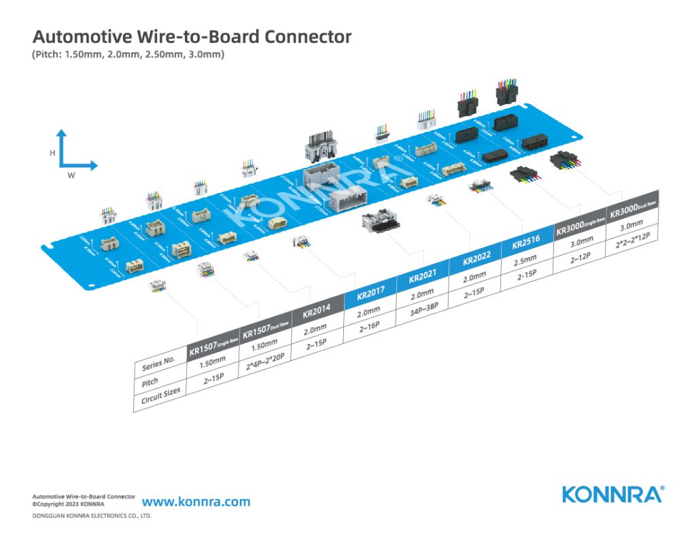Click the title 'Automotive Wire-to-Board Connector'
(192, 37)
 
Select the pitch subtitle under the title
(128, 54)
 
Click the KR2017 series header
(370, 295)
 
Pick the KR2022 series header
(476, 260)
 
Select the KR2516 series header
(525, 243)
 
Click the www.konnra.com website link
(196, 502)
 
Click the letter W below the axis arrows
(71, 175)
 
